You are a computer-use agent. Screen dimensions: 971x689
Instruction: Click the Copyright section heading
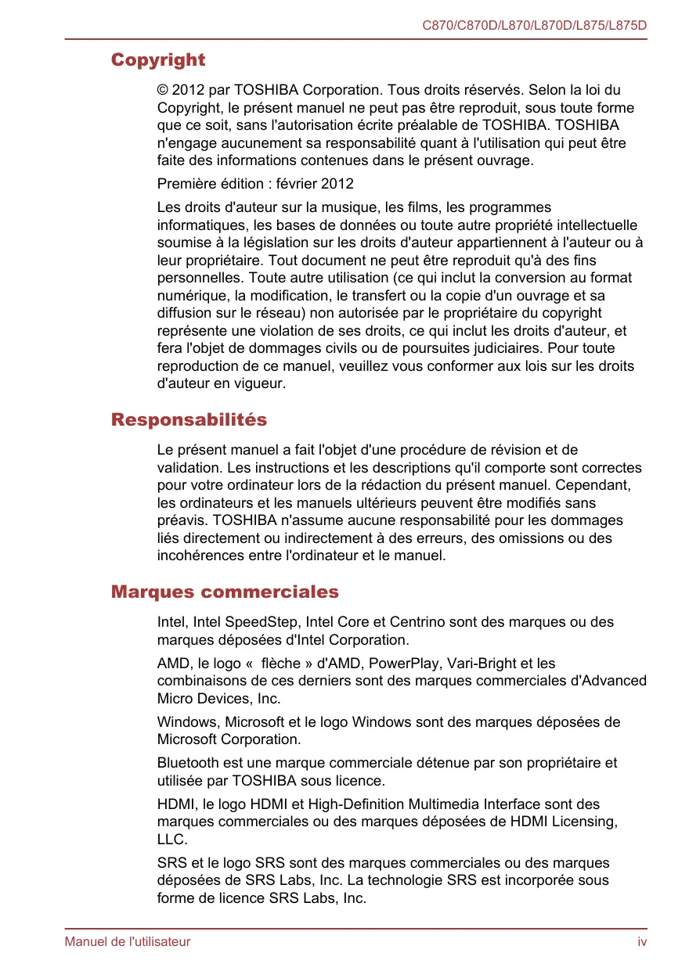point(158,60)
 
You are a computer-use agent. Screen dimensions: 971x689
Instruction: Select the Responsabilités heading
point(189,420)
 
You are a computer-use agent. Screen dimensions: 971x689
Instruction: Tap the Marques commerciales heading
point(225,592)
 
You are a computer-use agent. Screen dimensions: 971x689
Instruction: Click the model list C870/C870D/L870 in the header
point(534,26)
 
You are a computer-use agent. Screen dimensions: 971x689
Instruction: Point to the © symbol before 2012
point(162,91)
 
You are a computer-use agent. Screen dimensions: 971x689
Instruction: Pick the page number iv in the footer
point(642,942)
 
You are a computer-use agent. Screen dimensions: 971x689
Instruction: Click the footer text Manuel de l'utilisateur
point(127,942)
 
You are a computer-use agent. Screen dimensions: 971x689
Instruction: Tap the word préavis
point(182,521)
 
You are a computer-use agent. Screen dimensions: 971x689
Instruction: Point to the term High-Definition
point(353,804)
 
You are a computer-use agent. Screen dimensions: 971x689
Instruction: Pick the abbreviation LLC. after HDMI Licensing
point(172,840)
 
